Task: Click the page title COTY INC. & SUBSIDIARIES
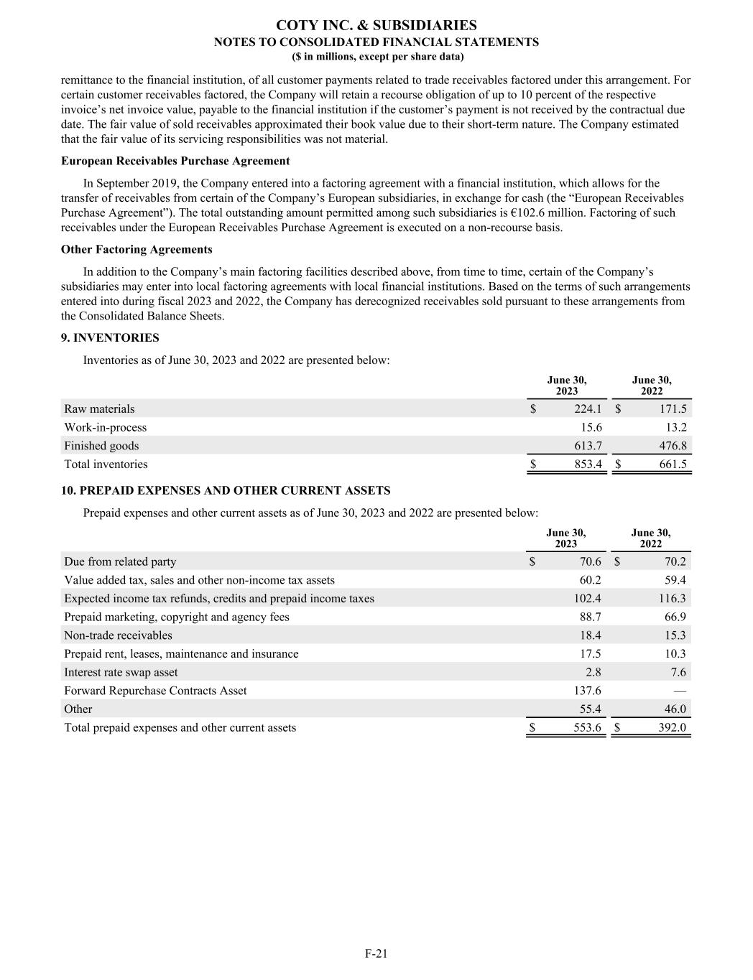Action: coord(376,26)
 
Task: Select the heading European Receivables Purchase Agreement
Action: coord(175,161)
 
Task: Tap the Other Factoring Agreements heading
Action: coord(137,249)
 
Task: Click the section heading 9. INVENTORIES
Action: coord(110,337)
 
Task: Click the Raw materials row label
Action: coord(99,409)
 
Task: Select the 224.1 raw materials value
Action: coord(588,409)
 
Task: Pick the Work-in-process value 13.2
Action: coord(673,427)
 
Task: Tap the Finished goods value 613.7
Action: coord(588,446)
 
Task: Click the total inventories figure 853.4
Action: coord(588,465)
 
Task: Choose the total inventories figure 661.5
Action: coord(673,465)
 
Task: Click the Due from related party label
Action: coord(120,561)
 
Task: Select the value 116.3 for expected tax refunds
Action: coord(673,598)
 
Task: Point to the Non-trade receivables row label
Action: coord(118,635)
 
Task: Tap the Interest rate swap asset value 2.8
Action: coord(593,672)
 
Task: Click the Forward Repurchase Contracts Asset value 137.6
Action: coord(587,691)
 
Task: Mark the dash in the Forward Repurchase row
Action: coord(680,691)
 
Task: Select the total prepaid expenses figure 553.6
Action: coord(587,727)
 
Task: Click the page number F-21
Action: coord(376,953)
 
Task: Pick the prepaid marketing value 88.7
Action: coord(590,617)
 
